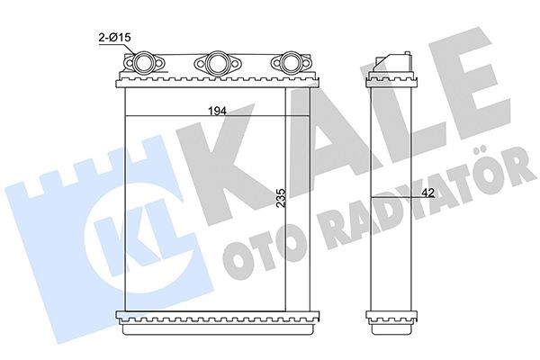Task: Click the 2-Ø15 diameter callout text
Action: (115, 38)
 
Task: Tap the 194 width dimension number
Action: (217, 111)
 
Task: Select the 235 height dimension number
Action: (282, 197)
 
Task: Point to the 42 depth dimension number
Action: (427, 193)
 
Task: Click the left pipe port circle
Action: (142, 63)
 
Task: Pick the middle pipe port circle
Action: (217, 62)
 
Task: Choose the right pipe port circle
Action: (290, 62)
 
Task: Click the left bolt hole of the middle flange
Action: (201, 63)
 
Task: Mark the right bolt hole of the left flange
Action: (158, 63)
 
